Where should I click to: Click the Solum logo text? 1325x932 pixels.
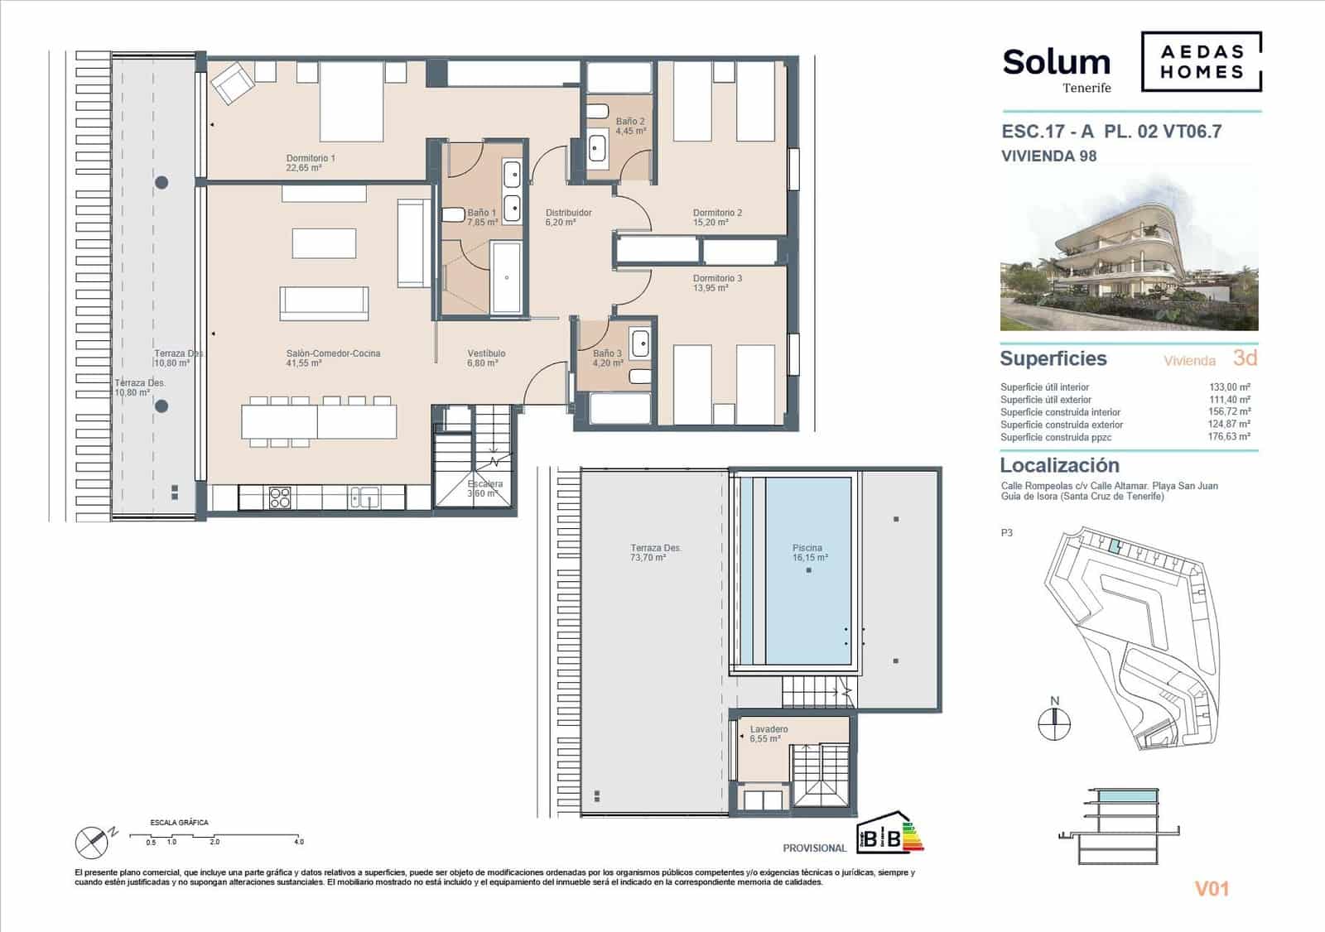1056,63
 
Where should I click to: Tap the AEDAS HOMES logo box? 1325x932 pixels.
1201,62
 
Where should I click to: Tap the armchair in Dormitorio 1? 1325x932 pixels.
232,84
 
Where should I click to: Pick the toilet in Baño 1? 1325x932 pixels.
454,215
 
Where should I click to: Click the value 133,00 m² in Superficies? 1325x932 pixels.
1229,387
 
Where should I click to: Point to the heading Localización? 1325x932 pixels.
1059,465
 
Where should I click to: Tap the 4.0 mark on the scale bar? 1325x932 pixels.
298,842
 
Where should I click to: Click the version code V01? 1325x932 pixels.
1212,889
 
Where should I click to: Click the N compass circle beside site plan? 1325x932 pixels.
1054,724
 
